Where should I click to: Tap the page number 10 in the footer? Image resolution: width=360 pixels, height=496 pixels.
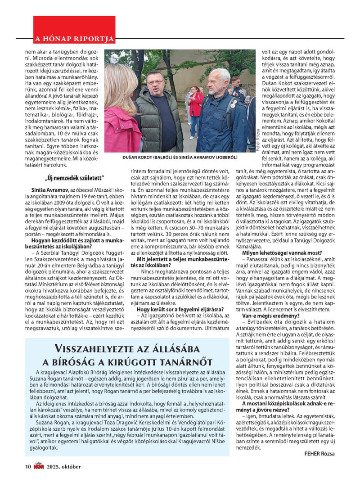(x=28, y=466)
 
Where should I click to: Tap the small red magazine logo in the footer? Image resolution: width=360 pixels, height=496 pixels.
(x=39, y=466)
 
